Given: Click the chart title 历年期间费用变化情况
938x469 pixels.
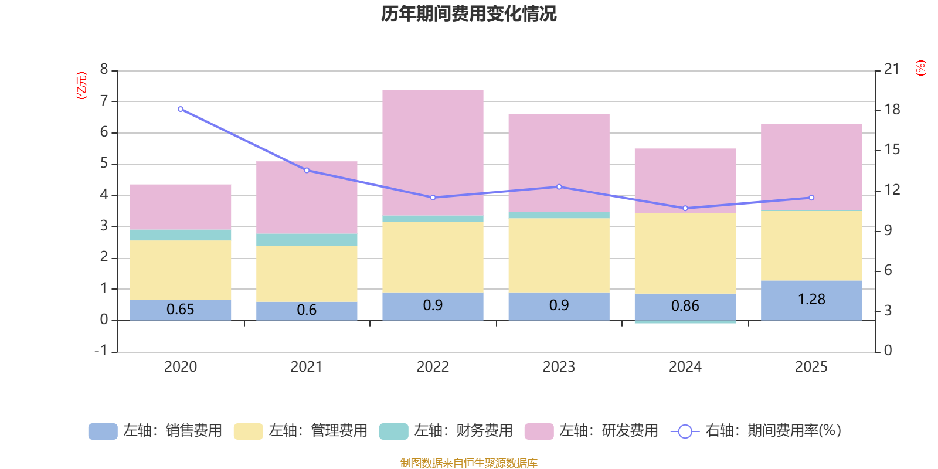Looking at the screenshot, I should tap(468, 13).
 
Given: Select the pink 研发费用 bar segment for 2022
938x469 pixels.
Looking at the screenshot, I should tap(433, 152).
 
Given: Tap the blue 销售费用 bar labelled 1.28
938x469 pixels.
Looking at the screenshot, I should tap(811, 300).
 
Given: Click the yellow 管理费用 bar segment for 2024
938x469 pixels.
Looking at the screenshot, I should tap(685, 253).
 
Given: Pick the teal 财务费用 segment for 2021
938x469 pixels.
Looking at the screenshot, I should tap(307, 240).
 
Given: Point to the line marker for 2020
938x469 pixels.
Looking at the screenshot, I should tap(181, 109).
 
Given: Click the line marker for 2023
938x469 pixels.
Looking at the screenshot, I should tap(559, 187).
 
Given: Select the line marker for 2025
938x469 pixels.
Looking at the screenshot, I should tap(811, 198).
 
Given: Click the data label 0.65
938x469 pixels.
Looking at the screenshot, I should tap(180, 310).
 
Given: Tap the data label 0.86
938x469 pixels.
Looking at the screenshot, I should tap(685, 306).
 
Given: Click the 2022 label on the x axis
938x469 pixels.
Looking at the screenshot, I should tap(433, 367).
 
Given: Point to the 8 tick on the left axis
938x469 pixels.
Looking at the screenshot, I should tap(104, 70).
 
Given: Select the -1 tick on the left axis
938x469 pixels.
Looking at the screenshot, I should tap(101, 351).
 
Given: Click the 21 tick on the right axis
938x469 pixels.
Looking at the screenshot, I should tap(891, 69).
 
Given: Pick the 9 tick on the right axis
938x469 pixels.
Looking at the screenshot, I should tap(888, 230).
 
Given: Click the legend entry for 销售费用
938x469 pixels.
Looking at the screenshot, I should tap(156, 431).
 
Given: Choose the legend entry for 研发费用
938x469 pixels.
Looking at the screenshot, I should tap(592, 431).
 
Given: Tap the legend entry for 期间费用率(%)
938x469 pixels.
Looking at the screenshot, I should tap(756, 431).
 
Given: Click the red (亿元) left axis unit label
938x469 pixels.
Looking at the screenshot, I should tap(81, 86).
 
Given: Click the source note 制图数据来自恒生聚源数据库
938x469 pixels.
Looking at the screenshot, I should tap(468, 463).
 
